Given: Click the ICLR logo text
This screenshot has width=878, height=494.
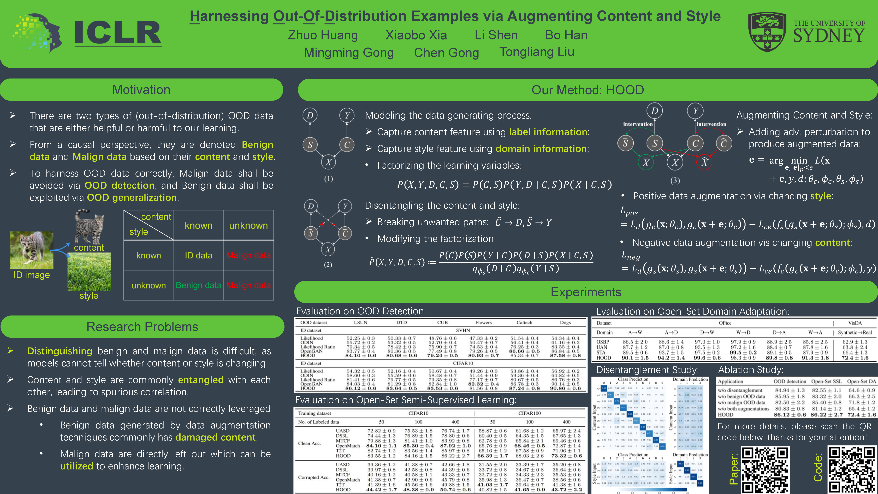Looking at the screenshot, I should coord(118,33).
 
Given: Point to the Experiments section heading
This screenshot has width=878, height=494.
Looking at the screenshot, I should coord(586,292).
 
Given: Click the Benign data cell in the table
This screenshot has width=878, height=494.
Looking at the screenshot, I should coord(198,285).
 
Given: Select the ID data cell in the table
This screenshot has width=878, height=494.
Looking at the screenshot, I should coord(198,255).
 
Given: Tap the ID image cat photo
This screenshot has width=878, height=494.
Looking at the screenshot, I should coord(32,250).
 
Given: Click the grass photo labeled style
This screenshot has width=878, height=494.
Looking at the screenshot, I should coord(89,272).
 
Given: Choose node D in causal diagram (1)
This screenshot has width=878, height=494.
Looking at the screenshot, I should coord(310,115).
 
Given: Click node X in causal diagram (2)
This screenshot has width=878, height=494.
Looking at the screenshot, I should coord(328,249).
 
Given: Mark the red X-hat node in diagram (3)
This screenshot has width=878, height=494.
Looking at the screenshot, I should coord(704,162).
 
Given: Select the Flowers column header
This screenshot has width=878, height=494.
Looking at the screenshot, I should coord(483,322).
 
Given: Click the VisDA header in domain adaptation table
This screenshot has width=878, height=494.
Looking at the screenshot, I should coord(855,323).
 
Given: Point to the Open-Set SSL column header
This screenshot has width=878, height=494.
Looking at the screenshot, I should coord(826,381).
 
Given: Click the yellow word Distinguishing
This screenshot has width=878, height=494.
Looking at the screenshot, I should coord(60,351).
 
